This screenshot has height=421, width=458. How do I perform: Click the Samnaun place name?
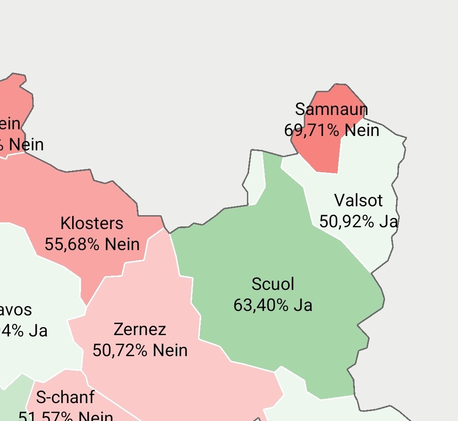click(332, 109)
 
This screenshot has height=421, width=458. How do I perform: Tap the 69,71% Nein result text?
click(332, 130)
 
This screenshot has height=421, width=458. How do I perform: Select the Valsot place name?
click(359, 200)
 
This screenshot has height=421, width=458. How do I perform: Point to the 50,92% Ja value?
click(359, 221)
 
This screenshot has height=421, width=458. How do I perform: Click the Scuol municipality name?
click(273, 284)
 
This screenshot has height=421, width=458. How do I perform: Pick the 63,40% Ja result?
click(273, 305)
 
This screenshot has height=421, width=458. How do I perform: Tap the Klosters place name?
click(92, 223)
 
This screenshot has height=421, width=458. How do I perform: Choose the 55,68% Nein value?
click(92, 244)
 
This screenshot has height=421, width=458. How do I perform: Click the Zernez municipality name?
click(140, 329)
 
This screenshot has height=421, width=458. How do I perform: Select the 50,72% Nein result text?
click(140, 350)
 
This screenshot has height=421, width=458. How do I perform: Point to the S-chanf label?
click(65, 397)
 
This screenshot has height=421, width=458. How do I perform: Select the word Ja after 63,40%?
click(303, 305)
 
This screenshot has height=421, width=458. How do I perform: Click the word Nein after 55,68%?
click(122, 244)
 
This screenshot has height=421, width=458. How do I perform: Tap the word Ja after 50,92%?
click(389, 221)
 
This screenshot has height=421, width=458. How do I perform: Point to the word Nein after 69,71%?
click(362, 130)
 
